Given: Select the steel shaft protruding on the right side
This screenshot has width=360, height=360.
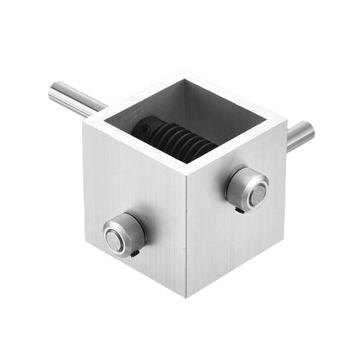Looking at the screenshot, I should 299,136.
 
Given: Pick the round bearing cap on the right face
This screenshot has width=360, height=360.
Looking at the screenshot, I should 247,188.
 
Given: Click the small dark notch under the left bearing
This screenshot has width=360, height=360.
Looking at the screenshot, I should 135,253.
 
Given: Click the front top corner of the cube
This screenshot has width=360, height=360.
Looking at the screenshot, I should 186,163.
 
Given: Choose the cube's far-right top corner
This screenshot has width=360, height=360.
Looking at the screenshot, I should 286,118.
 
